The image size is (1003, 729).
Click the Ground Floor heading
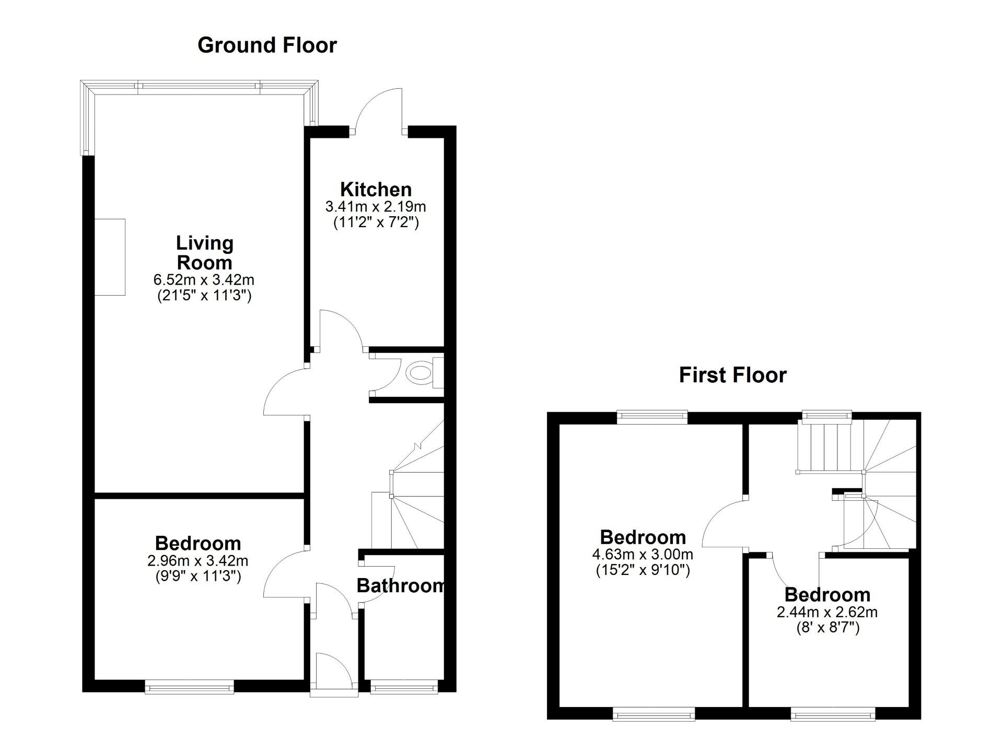(267, 45)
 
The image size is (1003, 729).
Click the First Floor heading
(732, 375)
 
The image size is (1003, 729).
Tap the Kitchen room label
(376, 189)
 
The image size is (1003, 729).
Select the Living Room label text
(204, 253)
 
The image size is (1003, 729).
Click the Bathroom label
(400, 585)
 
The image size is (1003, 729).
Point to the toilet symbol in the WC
(419, 373)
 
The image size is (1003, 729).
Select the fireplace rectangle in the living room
(110, 257)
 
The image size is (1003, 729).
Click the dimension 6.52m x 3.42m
(204, 280)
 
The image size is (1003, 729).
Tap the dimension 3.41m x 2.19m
(376, 207)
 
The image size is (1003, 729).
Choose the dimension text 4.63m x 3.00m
(643, 554)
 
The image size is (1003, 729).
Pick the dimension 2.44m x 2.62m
(827, 612)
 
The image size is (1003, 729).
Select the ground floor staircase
(413, 501)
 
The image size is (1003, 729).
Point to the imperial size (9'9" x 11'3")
(199, 577)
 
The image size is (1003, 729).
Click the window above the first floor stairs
(827, 416)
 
